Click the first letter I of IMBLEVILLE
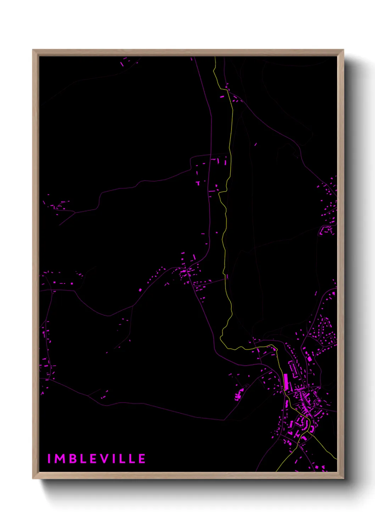[49, 459]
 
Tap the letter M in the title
[60, 459]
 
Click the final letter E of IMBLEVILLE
[141, 459]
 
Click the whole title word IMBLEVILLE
[96, 459]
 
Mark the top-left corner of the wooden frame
[33, 50]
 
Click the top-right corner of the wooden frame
[343, 50]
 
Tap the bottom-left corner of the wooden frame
[33, 479]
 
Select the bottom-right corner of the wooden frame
[343, 479]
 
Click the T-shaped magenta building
[198, 183]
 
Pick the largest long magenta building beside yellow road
[286, 382]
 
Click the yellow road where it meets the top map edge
[215, 57]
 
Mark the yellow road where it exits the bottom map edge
[276, 471]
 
